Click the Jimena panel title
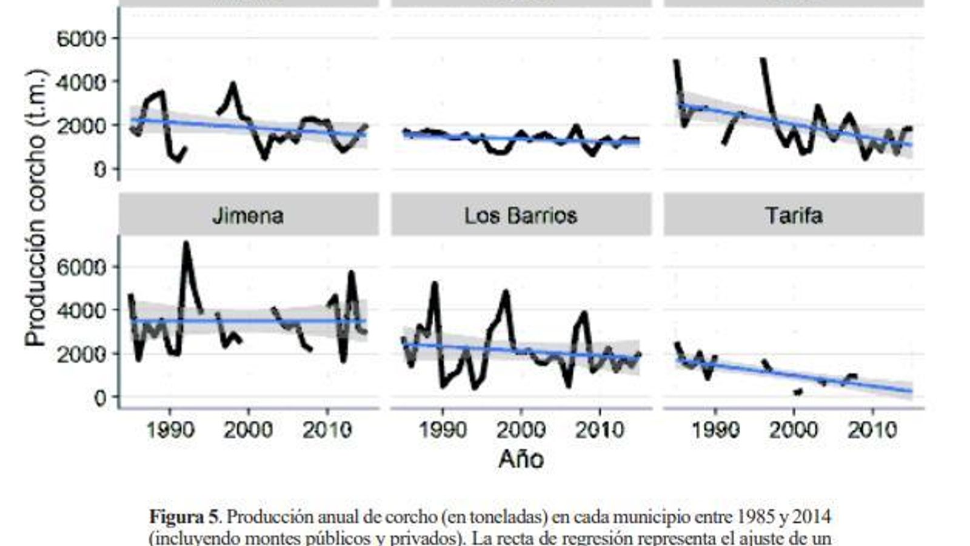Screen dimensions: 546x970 coord(248,215)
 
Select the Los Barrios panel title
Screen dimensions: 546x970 coord(521,215)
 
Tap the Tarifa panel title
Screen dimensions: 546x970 coord(794,215)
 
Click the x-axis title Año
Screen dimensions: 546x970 coord(521,459)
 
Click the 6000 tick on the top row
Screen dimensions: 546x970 coord(81,39)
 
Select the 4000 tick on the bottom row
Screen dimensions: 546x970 coord(81,310)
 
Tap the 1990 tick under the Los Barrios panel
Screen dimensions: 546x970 coord(443,430)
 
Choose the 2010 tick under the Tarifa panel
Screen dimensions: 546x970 coord(872,430)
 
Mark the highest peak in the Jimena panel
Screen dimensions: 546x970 coord(186,243)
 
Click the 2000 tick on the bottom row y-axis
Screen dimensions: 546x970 coord(81,354)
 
